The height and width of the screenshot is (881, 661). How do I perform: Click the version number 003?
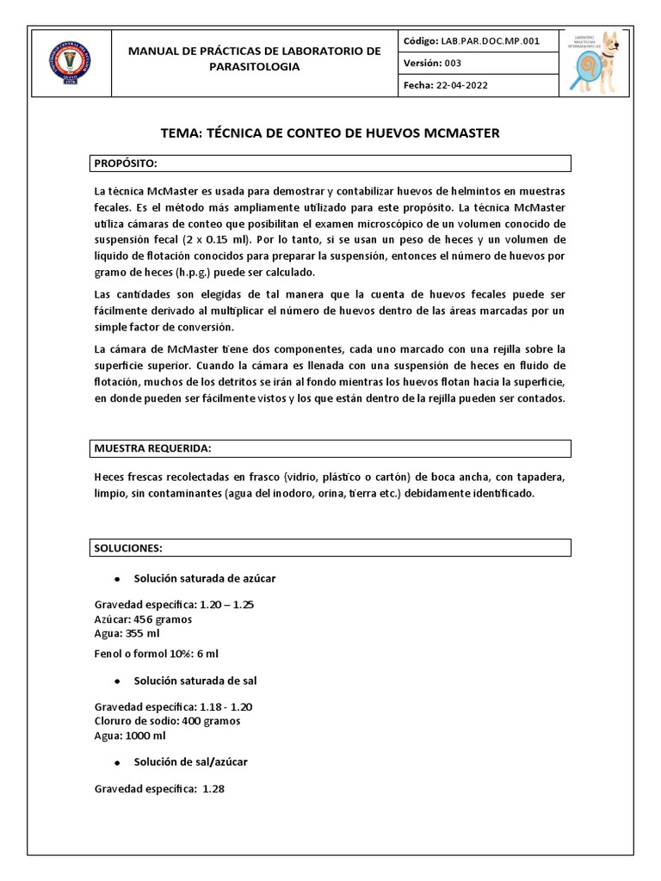coord(453,63)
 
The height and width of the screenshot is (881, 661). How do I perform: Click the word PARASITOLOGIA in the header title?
coord(254,66)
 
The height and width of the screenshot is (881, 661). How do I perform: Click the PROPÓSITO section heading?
coord(126,163)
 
